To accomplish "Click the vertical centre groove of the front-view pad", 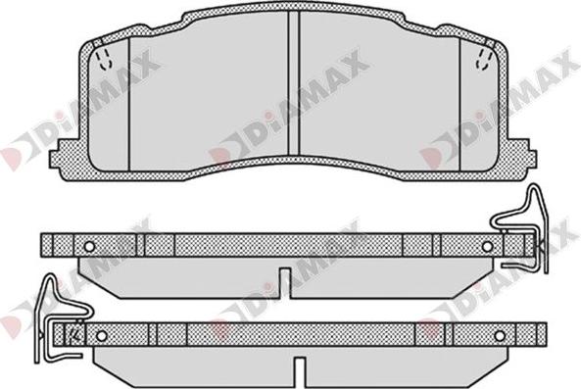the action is [x=294, y=83].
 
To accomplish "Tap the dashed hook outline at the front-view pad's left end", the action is [x=104, y=59].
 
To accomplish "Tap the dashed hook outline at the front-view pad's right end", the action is [x=484, y=59].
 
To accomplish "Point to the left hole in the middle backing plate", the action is [x=90, y=246].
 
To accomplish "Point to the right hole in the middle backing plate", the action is [x=487, y=246].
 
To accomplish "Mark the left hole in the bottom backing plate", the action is [x=101, y=336].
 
